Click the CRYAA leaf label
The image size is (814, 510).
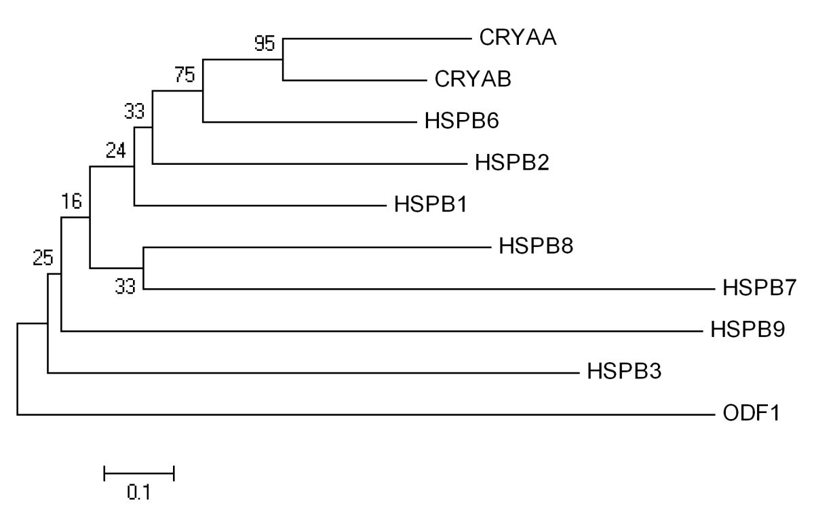pos(518,38)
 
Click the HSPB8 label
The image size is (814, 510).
pos(536,246)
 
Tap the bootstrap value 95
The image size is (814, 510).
pos(265,45)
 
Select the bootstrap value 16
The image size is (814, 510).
pos(72,201)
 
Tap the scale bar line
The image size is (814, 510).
pos(139,473)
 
